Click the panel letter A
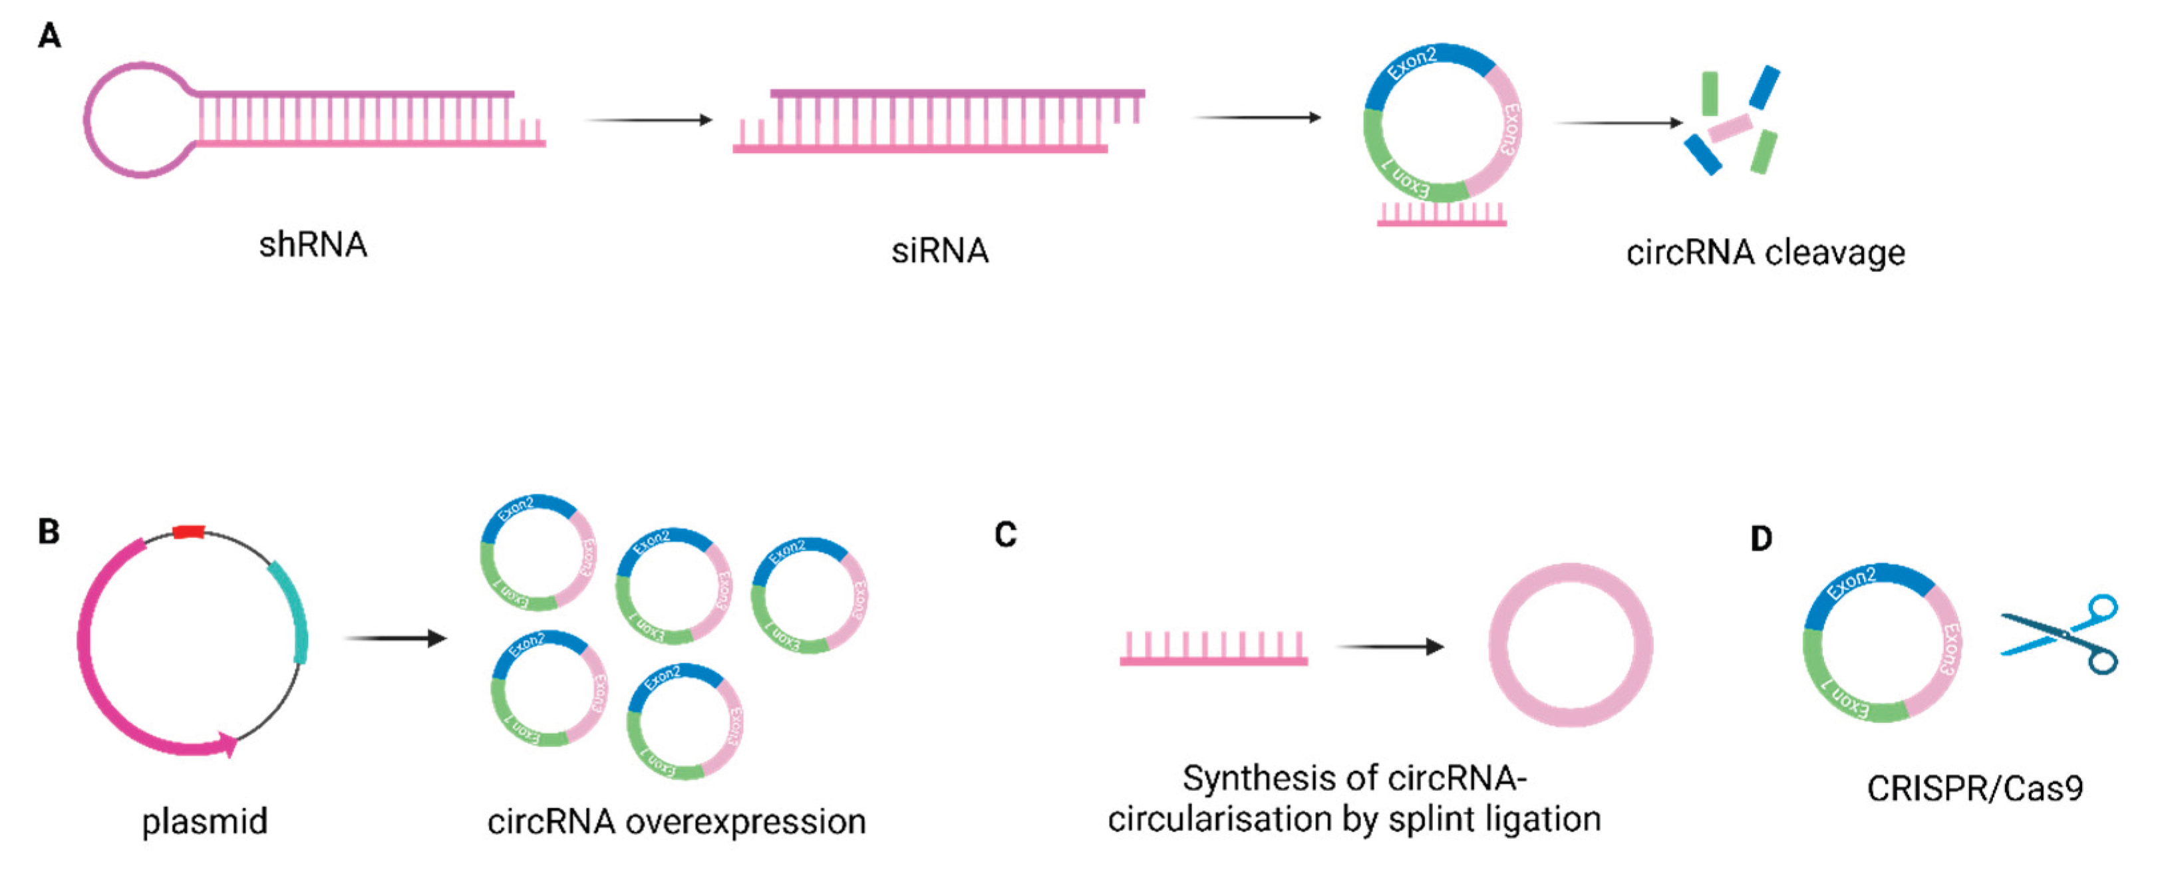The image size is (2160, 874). click(49, 36)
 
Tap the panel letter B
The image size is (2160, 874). click(49, 531)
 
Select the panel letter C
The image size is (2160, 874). click(1005, 534)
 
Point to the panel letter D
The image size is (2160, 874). click(1761, 539)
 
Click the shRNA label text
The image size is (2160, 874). click(313, 245)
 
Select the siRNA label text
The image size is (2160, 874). click(939, 251)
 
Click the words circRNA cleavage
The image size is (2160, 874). click(1765, 253)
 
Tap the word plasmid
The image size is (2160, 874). click(205, 821)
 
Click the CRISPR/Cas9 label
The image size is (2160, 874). click(1974, 788)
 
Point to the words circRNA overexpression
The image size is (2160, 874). click(676, 822)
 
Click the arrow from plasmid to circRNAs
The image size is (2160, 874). click(395, 639)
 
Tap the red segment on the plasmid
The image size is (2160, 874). click(189, 531)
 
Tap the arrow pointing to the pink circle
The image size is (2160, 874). click(1390, 647)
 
